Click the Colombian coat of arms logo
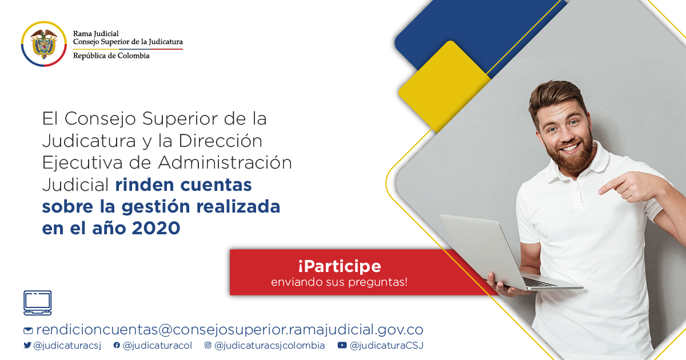(x=44, y=44)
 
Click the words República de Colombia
(x=111, y=56)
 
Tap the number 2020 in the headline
(x=156, y=229)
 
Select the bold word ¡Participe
(x=340, y=266)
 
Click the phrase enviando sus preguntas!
(x=340, y=282)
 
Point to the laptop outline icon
(x=38, y=303)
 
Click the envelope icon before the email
(x=28, y=331)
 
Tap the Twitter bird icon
(x=27, y=345)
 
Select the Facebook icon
(x=117, y=345)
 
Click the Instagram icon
(x=208, y=345)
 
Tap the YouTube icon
(x=342, y=345)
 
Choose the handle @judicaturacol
(x=157, y=346)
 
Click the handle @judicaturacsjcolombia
(x=269, y=346)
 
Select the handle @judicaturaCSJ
(x=386, y=346)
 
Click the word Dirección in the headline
(x=221, y=141)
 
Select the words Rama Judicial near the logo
(x=96, y=33)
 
